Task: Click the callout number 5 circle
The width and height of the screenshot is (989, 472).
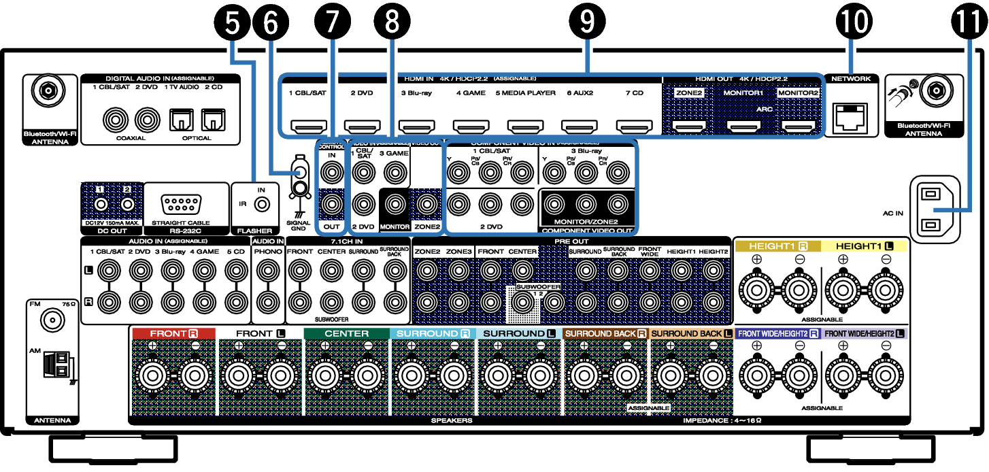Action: click(233, 22)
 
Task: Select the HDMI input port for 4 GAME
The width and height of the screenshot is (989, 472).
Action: click(469, 126)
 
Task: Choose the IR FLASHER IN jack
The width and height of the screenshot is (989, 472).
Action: click(259, 203)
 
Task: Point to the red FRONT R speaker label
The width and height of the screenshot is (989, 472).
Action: click(173, 334)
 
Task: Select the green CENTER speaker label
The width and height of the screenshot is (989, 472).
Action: click(346, 334)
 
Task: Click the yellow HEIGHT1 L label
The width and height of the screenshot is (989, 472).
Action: click(864, 246)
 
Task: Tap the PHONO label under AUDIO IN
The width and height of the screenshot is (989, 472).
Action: click(267, 252)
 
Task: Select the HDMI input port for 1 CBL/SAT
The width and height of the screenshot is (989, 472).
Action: click(306, 126)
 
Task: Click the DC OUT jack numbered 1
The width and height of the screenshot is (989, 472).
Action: click(101, 203)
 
